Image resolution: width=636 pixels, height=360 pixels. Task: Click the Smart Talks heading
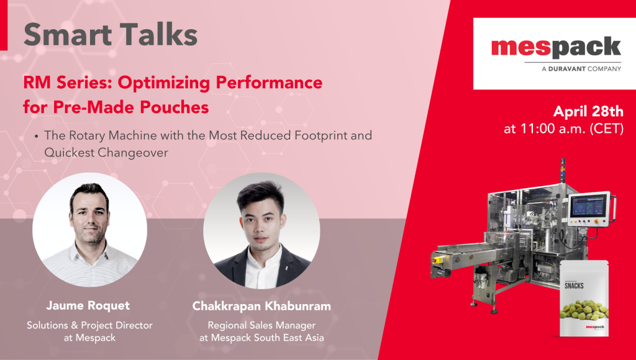click(x=111, y=35)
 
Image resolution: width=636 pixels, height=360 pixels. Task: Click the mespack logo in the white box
click(x=556, y=48)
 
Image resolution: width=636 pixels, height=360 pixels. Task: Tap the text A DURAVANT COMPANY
click(x=581, y=69)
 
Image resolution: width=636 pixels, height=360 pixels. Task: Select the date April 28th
click(x=588, y=111)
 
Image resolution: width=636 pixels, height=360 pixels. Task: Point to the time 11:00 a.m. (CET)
click(x=564, y=128)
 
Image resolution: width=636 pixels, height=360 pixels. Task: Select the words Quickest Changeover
click(x=106, y=153)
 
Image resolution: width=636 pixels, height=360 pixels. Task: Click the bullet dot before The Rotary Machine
click(x=37, y=136)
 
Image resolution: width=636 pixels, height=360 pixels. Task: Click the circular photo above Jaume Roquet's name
click(x=89, y=230)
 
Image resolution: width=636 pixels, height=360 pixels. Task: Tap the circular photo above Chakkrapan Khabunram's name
click(x=261, y=231)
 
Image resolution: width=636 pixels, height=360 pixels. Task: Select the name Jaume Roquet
click(x=88, y=305)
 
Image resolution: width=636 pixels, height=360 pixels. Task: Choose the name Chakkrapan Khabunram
click(x=261, y=306)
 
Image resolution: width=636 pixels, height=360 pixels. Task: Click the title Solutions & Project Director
click(x=89, y=325)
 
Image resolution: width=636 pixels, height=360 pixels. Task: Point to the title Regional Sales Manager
click(x=261, y=325)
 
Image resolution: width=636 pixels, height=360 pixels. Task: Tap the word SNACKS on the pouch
click(x=574, y=286)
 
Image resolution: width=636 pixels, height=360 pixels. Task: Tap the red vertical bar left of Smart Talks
click(x=4, y=25)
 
